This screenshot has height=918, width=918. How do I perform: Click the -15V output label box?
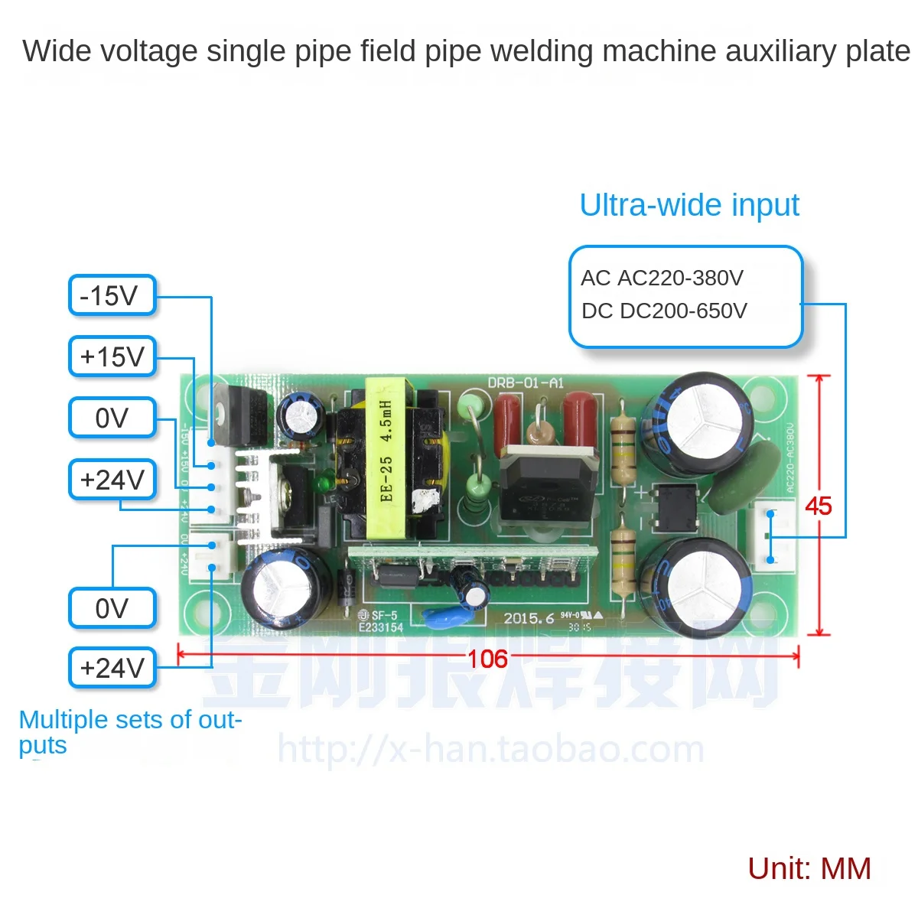coord(112,296)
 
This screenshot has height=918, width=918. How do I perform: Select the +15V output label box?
coord(112,356)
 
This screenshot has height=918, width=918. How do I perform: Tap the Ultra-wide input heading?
coord(688,205)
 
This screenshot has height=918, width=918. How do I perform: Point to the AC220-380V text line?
coord(662,278)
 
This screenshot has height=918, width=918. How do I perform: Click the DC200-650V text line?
coord(664,311)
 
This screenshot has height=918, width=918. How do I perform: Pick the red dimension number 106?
coord(487,659)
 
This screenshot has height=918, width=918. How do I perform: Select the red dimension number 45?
coord(818,506)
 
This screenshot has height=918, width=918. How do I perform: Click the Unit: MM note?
coord(809,868)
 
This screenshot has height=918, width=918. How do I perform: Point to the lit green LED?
coord(324,483)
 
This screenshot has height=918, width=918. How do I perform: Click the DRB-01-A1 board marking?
coord(526,382)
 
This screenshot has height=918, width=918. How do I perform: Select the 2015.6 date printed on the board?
coord(529,618)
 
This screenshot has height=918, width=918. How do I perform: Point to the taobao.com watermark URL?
coord(490,749)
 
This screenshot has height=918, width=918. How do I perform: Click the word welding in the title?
coord(542,51)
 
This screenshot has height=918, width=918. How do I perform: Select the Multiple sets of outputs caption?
coord(130,731)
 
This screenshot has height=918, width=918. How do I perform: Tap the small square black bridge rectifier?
coord(673,509)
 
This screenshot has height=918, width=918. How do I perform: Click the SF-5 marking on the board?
coord(384,615)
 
